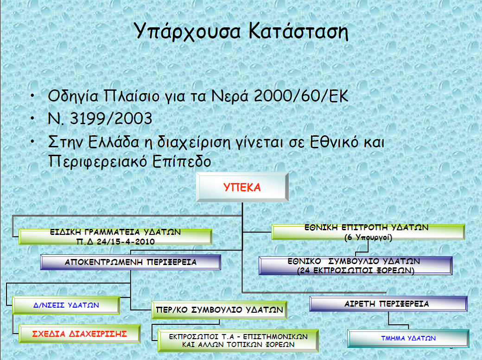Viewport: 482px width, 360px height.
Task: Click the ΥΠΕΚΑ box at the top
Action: pos(242,188)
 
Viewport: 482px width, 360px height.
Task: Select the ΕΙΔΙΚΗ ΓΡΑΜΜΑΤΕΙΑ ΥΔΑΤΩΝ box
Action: pos(115,237)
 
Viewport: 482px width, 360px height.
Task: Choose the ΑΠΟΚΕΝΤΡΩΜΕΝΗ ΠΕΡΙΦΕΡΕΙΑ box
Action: pos(130,262)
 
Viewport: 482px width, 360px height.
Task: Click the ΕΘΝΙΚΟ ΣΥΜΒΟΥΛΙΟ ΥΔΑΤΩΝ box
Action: pos(355,265)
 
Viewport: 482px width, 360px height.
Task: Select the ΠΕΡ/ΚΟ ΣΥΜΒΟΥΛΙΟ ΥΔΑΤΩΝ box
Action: pos(219,309)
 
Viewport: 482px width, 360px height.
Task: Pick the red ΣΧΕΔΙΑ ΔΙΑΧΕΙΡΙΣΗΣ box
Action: pos(79,334)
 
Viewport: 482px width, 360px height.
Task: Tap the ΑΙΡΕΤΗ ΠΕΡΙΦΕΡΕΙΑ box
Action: pos(388,304)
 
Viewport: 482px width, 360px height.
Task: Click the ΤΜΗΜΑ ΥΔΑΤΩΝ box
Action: pos(408,338)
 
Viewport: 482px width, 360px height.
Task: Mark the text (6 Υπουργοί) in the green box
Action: pos(368,238)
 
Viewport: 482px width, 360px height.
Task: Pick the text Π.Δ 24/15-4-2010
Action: pos(115,242)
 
